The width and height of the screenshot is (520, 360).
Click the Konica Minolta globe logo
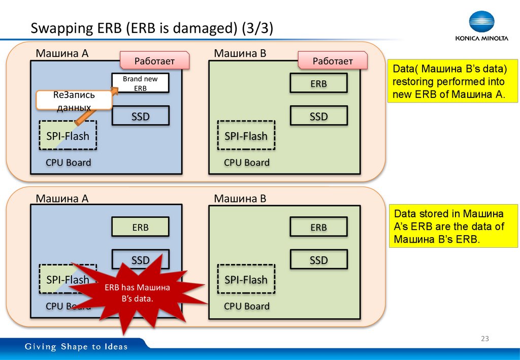(x=480, y=23)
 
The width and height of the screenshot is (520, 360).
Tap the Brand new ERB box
(x=140, y=83)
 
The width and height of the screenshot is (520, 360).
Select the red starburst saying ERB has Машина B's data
(x=138, y=293)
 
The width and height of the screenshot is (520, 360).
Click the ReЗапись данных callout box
(x=74, y=101)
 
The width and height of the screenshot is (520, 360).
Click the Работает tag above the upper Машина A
(x=154, y=61)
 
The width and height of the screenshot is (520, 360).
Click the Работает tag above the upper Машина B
(x=333, y=61)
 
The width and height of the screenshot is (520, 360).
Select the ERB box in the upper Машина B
(x=318, y=83)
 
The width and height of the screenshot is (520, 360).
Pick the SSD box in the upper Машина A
(x=140, y=116)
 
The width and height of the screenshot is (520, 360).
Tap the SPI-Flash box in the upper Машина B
(x=246, y=136)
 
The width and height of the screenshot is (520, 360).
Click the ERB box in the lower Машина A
(x=140, y=227)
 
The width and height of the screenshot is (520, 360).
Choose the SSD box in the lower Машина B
(x=318, y=259)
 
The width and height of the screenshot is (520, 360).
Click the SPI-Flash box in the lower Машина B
(x=246, y=279)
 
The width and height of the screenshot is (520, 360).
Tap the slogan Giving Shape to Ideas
(x=77, y=347)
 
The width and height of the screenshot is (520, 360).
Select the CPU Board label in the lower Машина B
(x=246, y=306)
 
